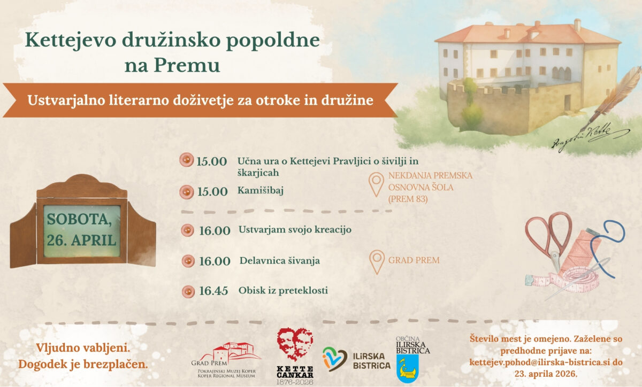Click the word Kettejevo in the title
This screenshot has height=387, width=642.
[x=71, y=40]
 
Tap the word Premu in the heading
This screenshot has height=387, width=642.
[x=187, y=65]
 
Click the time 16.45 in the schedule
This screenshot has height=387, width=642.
[x=213, y=291]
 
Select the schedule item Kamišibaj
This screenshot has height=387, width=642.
[x=260, y=190]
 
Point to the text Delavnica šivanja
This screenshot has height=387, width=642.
[x=280, y=261]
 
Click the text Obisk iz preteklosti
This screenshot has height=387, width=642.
[x=283, y=290]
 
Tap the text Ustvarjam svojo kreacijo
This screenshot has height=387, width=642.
[x=295, y=230]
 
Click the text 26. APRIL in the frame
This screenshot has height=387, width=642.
[x=81, y=240]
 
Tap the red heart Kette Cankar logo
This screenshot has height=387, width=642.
[x=295, y=344]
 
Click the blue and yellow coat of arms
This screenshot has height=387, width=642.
[x=408, y=368]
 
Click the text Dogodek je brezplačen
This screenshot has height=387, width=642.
[x=83, y=365]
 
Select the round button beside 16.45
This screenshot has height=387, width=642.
[x=188, y=292]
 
